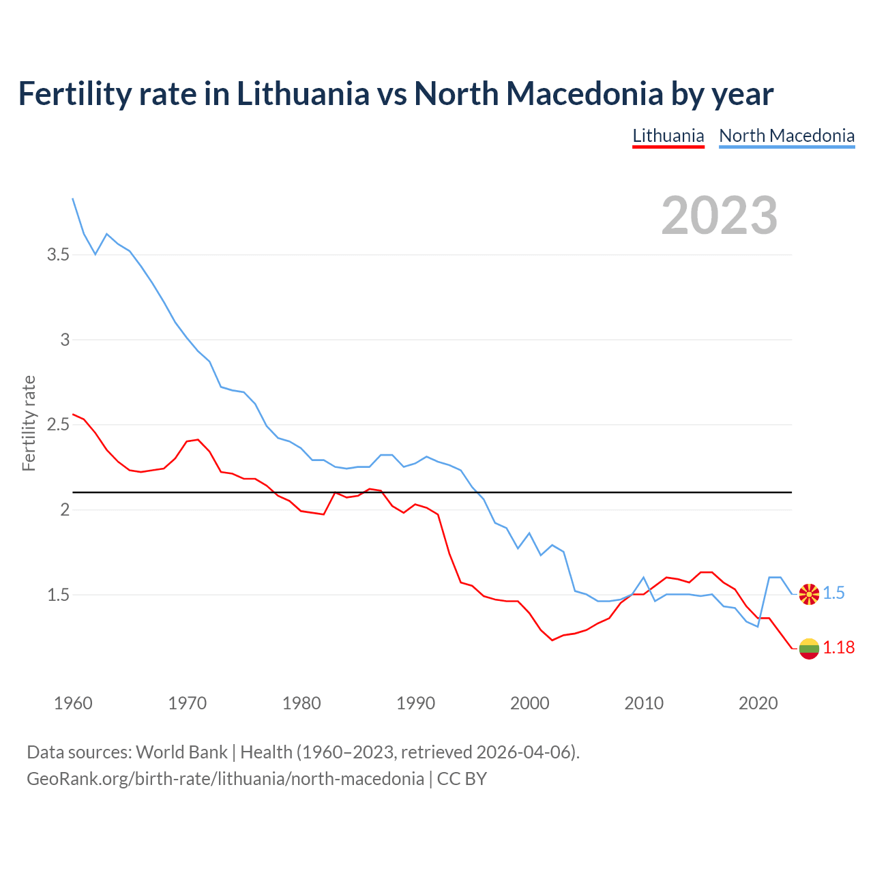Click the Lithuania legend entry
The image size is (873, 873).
click(668, 136)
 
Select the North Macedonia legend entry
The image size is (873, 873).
click(786, 136)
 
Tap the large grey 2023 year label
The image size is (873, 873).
click(719, 216)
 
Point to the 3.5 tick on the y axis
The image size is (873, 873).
click(58, 255)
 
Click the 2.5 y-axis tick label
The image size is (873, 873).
click(58, 425)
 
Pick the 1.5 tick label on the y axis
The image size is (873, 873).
click(58, 595)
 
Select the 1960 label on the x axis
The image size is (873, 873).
click(73, 703)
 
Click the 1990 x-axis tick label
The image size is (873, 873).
click(415, 703)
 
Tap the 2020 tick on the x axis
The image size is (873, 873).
click(758, 703)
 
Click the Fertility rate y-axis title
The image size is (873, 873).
click(29, 423)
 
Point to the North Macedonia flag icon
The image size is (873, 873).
click(809, 594)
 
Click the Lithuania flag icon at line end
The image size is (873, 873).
click(809, 649)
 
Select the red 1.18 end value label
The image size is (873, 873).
click(838, 648)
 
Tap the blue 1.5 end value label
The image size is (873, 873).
click(833, 593)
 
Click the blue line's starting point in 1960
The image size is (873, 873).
click(73, 198)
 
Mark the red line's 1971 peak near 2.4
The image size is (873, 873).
click(198, 440)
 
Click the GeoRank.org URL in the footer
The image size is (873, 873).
click(225, 779)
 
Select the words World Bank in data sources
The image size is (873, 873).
click(181, 752)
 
